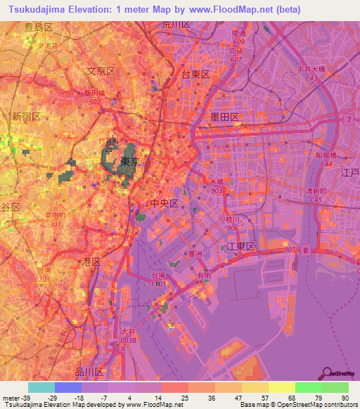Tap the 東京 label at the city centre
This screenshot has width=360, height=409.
[129, 162]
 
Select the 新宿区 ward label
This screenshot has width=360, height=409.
[25, 116]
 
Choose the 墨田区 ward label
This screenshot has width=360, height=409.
[224, 117]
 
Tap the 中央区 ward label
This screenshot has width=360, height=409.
[165, 202]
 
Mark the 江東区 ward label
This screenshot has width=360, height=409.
[240, 247]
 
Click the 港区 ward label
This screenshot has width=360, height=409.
[92, 261]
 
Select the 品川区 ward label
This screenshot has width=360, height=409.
[89, 371]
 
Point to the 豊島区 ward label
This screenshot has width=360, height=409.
[38, 27]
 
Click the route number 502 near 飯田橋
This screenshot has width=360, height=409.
[94, 101]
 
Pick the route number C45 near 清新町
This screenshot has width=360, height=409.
[317, 200]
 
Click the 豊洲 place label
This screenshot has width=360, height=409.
[206, 255]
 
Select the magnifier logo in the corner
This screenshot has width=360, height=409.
[328, 374]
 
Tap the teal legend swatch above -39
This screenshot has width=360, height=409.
[41, 387]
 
